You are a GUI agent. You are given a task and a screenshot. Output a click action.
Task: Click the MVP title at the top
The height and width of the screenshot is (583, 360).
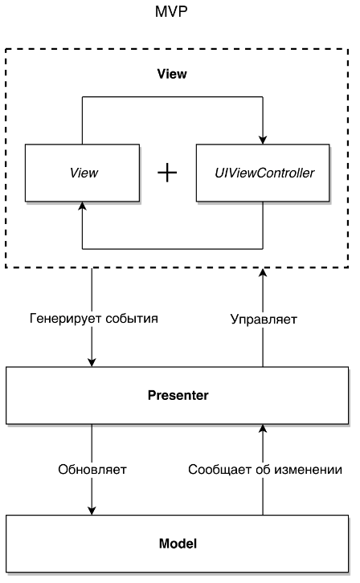(171, 11)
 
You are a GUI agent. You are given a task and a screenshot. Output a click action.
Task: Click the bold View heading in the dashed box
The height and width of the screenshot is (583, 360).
(172, 74)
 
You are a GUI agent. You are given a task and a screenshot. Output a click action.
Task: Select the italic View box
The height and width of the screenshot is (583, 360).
(82, 173)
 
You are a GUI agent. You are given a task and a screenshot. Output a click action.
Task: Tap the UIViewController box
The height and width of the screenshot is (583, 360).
(263, 173)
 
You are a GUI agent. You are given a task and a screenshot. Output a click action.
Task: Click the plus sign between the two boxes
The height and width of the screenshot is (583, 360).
(167, 173)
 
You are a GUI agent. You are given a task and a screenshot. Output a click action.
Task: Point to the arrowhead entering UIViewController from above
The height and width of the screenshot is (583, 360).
(263, 140)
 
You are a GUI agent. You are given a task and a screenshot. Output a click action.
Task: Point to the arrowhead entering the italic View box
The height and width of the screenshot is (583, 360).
(82, 206)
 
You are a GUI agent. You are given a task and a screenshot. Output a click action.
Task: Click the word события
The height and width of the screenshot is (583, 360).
(132, 319)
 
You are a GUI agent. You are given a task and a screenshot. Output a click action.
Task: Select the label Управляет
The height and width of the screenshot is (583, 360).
(264, 319)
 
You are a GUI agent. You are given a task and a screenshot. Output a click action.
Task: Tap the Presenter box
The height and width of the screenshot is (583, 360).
(178, 396)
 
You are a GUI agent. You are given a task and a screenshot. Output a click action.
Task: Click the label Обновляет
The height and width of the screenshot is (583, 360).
(92, 470)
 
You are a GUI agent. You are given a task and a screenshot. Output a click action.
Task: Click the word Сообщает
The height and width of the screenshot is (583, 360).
(220, 470)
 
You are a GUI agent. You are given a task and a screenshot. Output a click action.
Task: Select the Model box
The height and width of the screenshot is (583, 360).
(178, 544)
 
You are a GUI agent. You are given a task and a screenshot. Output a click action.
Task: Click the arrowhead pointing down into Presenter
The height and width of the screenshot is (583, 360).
(92, 362)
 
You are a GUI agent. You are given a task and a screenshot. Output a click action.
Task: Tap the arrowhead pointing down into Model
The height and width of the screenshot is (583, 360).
(92, 511)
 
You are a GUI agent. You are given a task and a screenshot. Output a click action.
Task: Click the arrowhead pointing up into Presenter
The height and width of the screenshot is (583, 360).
(263, 429)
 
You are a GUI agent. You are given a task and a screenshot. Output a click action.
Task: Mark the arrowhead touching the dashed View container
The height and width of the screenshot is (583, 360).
(263, 272)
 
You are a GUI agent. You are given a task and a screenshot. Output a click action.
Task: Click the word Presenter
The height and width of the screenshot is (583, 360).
(178, 395)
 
